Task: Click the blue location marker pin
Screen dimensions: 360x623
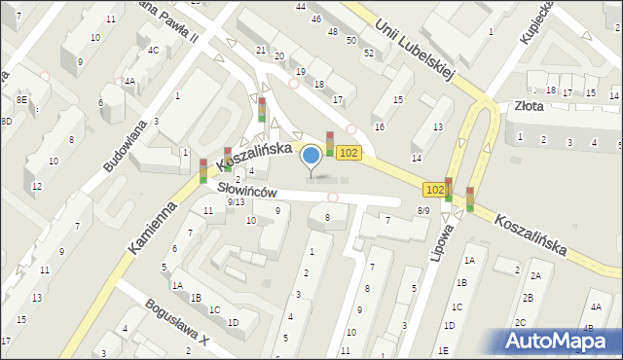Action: pos(311,156)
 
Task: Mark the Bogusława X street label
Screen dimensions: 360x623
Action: pos(176,327)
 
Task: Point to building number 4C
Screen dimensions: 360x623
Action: pos(153,50)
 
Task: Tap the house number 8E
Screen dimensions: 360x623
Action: pos(21,99)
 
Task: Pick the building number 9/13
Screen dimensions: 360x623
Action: pos(235,201)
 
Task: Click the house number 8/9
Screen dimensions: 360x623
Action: pos(423,210)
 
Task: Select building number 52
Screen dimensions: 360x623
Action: pos(368,53)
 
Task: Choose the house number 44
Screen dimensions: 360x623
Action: pos(301,6)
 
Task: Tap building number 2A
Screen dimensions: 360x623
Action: pos(534,275)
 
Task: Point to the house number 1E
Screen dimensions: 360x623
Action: pos(443,350)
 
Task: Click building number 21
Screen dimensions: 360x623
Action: pos(260,50)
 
